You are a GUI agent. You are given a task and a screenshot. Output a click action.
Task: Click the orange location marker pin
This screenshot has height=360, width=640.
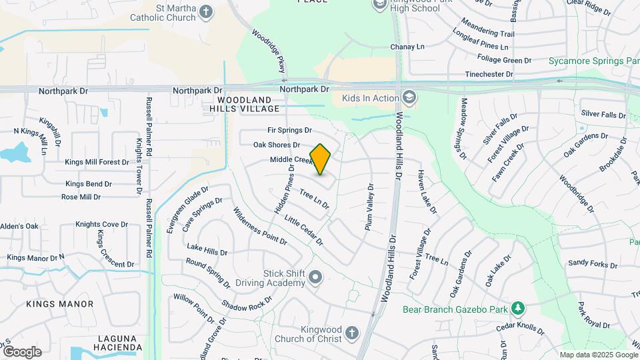click(x=321, y=159)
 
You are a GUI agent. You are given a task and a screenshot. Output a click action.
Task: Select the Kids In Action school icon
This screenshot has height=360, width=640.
click(x=409, y=99)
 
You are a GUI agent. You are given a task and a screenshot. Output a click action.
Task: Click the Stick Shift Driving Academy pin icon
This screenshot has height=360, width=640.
click(x=315, y=277)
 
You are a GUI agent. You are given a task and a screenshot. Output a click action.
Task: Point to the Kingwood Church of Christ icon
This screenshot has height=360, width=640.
click(x=352, y=333)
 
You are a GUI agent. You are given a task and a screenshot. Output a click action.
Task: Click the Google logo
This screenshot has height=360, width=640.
click(x=22, y=351)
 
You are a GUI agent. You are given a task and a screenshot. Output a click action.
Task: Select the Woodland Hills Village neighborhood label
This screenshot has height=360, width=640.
click(x=245, y=103)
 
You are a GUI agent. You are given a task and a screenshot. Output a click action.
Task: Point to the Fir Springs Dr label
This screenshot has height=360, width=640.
click(x=289, y=130)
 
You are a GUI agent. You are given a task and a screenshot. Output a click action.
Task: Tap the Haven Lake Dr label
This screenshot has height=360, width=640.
click(x=427, y=191)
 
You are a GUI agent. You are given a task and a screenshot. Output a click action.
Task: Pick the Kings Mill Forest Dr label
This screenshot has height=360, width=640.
click(x=97, y=162)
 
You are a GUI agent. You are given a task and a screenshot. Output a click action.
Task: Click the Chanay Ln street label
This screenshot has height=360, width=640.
click(x=407, y=47)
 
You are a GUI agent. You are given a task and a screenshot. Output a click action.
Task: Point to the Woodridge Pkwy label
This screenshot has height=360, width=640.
click(x=269, y=51)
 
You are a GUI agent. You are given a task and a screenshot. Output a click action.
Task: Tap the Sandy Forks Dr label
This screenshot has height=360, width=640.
click(x=593, y=264)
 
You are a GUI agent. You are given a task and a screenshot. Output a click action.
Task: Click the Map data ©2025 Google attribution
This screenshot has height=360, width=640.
click(x=598, y=355)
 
